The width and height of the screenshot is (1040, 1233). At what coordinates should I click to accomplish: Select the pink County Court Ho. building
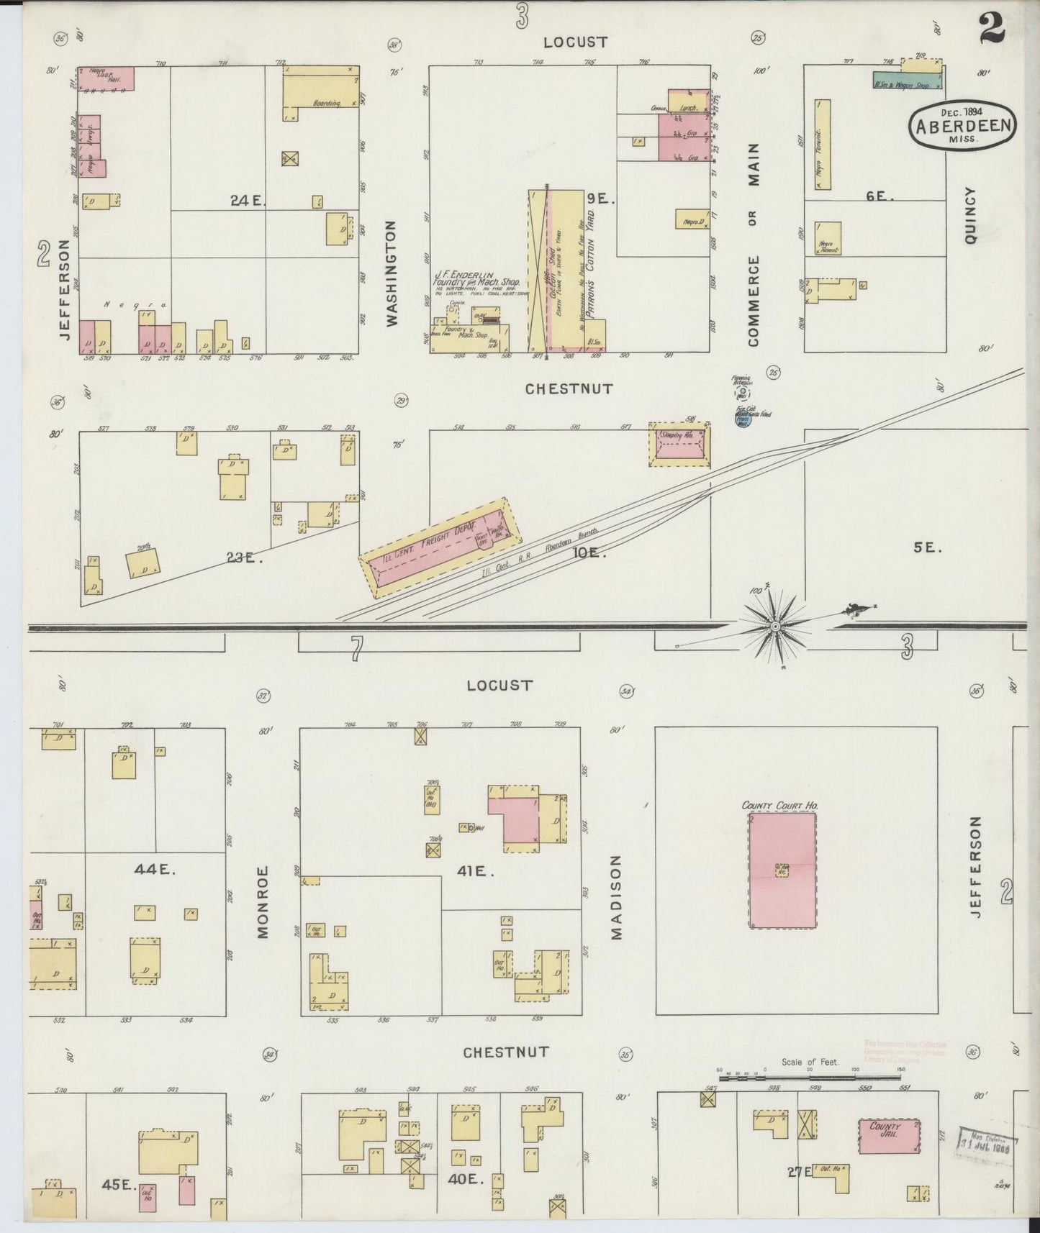point(782,870)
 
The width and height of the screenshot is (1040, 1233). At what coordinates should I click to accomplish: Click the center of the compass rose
point(775,627)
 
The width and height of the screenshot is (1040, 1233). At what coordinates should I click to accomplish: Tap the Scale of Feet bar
point(809,1077)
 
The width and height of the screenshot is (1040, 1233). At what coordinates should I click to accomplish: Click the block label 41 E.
point(476,871)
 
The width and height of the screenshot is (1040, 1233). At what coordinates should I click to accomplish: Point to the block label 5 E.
point(927,547)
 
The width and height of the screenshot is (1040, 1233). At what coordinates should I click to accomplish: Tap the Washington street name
point(393,273)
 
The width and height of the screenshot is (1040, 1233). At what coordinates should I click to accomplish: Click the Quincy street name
point(971,215)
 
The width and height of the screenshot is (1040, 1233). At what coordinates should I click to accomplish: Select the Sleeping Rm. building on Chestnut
point(679,444)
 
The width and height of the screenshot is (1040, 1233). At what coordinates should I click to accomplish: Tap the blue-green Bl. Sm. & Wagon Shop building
point(907,81)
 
